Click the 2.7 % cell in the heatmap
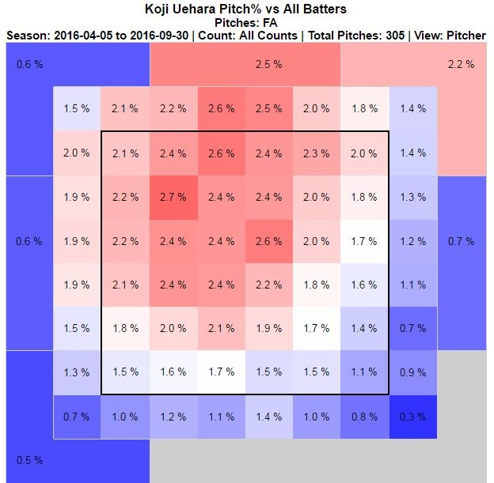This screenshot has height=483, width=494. (173, 197)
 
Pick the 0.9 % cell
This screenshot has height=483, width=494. (412, 372)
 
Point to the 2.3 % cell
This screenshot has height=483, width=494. (316, 153)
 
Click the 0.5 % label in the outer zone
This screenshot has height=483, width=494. (29, 460)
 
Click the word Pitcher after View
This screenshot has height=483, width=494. (465, 36)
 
